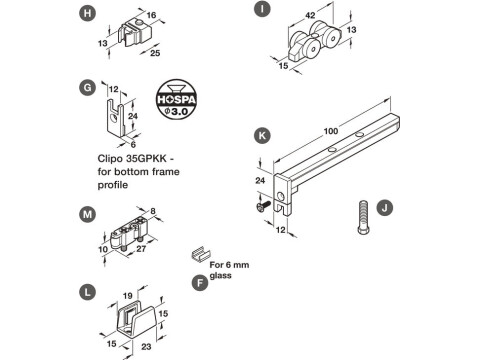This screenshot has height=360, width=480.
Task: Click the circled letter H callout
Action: (x=87, y=14)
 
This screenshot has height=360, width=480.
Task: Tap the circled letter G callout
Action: (x=88, y=88)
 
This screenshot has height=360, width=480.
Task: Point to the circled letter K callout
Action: (x=261, y=133)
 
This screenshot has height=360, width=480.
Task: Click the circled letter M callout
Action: (x=88, y=212)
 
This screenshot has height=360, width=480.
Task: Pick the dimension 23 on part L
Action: (x=146, y=348)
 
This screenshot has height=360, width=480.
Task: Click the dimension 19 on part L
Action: (x=128, y=295)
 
